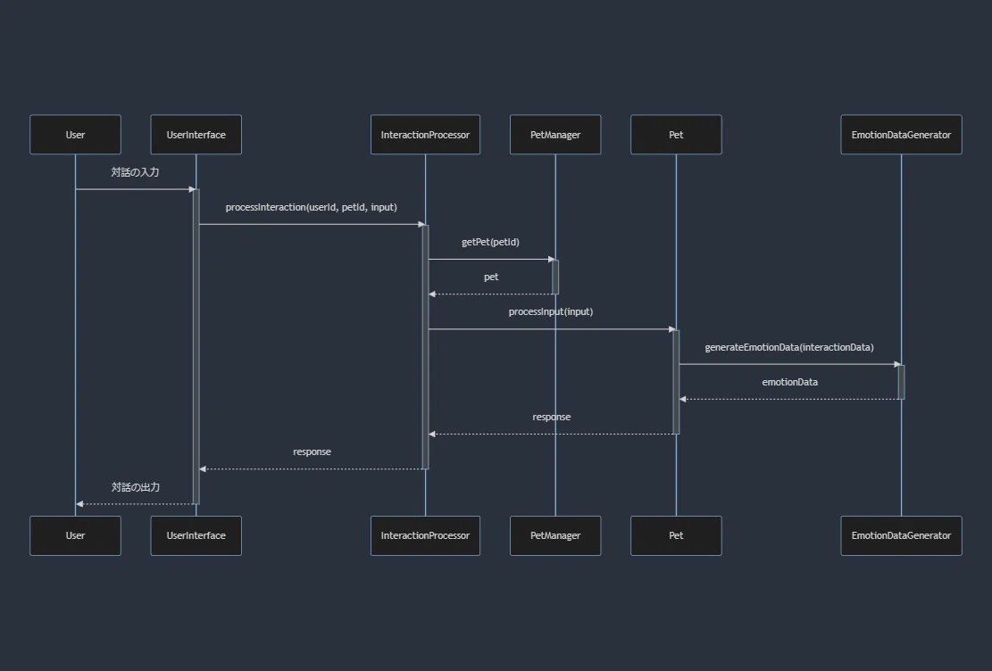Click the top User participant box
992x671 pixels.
click(75, 135)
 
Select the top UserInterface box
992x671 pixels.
click(196, 135)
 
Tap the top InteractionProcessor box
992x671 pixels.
click(425, 135)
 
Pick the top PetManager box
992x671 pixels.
click(555, 135)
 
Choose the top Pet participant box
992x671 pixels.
click(676, 135)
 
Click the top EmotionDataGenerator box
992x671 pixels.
click(902, 135)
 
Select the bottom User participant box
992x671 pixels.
click(75, 535)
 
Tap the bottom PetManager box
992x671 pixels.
click(555, 535)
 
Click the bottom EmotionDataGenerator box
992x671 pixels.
click(902, 535)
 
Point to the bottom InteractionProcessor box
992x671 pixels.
click(425, 535)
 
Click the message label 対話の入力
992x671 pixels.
click(136, 172)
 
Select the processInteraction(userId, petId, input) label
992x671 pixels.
click(312, 207)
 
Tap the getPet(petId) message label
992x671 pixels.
click(490, 242)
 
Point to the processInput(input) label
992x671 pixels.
click(551, 311)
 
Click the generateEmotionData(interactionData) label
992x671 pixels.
click(789, 347)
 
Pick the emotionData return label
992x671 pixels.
click(790, 382)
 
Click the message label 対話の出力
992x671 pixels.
click(136, 487)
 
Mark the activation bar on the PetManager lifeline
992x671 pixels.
click(555, 277)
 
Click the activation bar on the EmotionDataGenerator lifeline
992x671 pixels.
click(902, 382)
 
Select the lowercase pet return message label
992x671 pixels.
click(491, 277)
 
